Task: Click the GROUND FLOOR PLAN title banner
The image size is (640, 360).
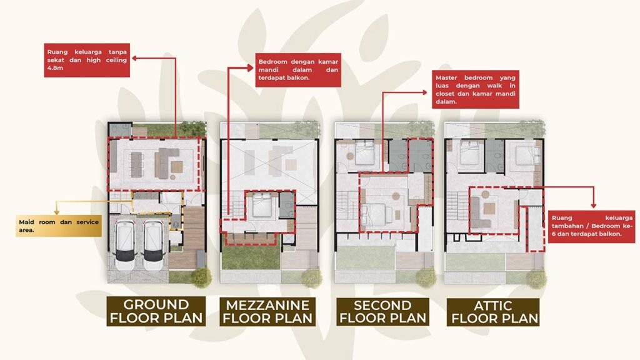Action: [156, 311]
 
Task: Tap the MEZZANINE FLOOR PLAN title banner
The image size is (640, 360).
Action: [267, 311]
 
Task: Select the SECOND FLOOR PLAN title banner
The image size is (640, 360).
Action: [382, 311]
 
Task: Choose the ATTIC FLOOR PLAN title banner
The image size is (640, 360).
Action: [493, 312]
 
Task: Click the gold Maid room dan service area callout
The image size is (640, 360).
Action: [59, 226]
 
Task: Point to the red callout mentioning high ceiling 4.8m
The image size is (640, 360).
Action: [87, 60]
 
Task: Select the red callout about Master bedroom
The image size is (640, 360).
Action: [476, 89]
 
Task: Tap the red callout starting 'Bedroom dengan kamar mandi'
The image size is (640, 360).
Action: [298, 70]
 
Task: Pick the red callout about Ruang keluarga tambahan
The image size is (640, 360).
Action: [591, 226]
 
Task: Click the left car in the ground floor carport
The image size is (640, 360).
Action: [125, 245]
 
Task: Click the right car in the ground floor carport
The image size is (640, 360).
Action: [154, 245]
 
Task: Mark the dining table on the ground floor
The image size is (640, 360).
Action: [136, 164]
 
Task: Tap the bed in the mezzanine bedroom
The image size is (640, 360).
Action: [262, 205]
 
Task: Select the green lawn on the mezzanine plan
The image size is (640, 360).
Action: [251, 257]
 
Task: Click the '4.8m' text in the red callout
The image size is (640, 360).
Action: [56, 68]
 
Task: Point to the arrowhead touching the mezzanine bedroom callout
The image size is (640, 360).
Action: [251, 67]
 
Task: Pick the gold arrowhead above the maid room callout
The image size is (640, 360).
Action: [57, 212]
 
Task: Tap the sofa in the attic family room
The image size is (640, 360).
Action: [479, 212]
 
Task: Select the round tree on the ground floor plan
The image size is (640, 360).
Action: [201, 277]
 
